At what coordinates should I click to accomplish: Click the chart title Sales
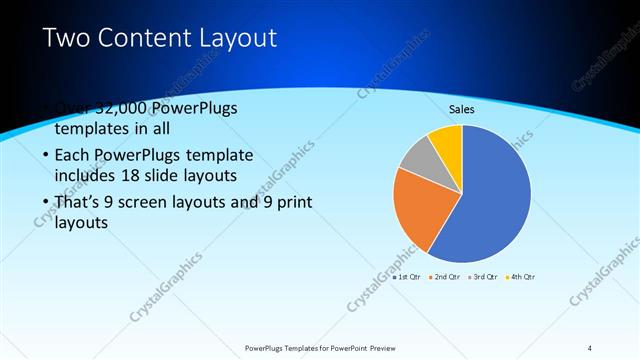(461, 109)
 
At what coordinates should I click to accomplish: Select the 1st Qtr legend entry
(406, 276)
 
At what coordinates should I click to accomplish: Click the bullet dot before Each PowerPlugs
(47, 157)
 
